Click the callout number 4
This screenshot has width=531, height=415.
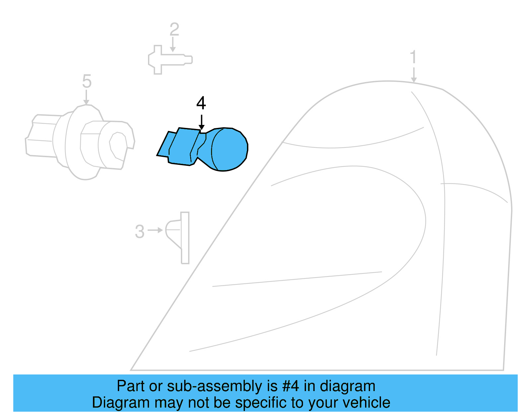point(201,103)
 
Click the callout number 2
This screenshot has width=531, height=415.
point(174,30)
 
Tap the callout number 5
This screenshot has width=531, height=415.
point(87,81)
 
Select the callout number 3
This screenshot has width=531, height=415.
point(140,232)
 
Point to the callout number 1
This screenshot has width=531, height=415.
point(413,57)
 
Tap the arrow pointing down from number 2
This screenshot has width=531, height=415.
point(173,45)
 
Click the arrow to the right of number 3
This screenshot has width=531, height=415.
point(155,230)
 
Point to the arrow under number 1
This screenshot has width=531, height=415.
point(414,75)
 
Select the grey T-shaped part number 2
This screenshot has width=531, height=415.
point(166,60)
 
